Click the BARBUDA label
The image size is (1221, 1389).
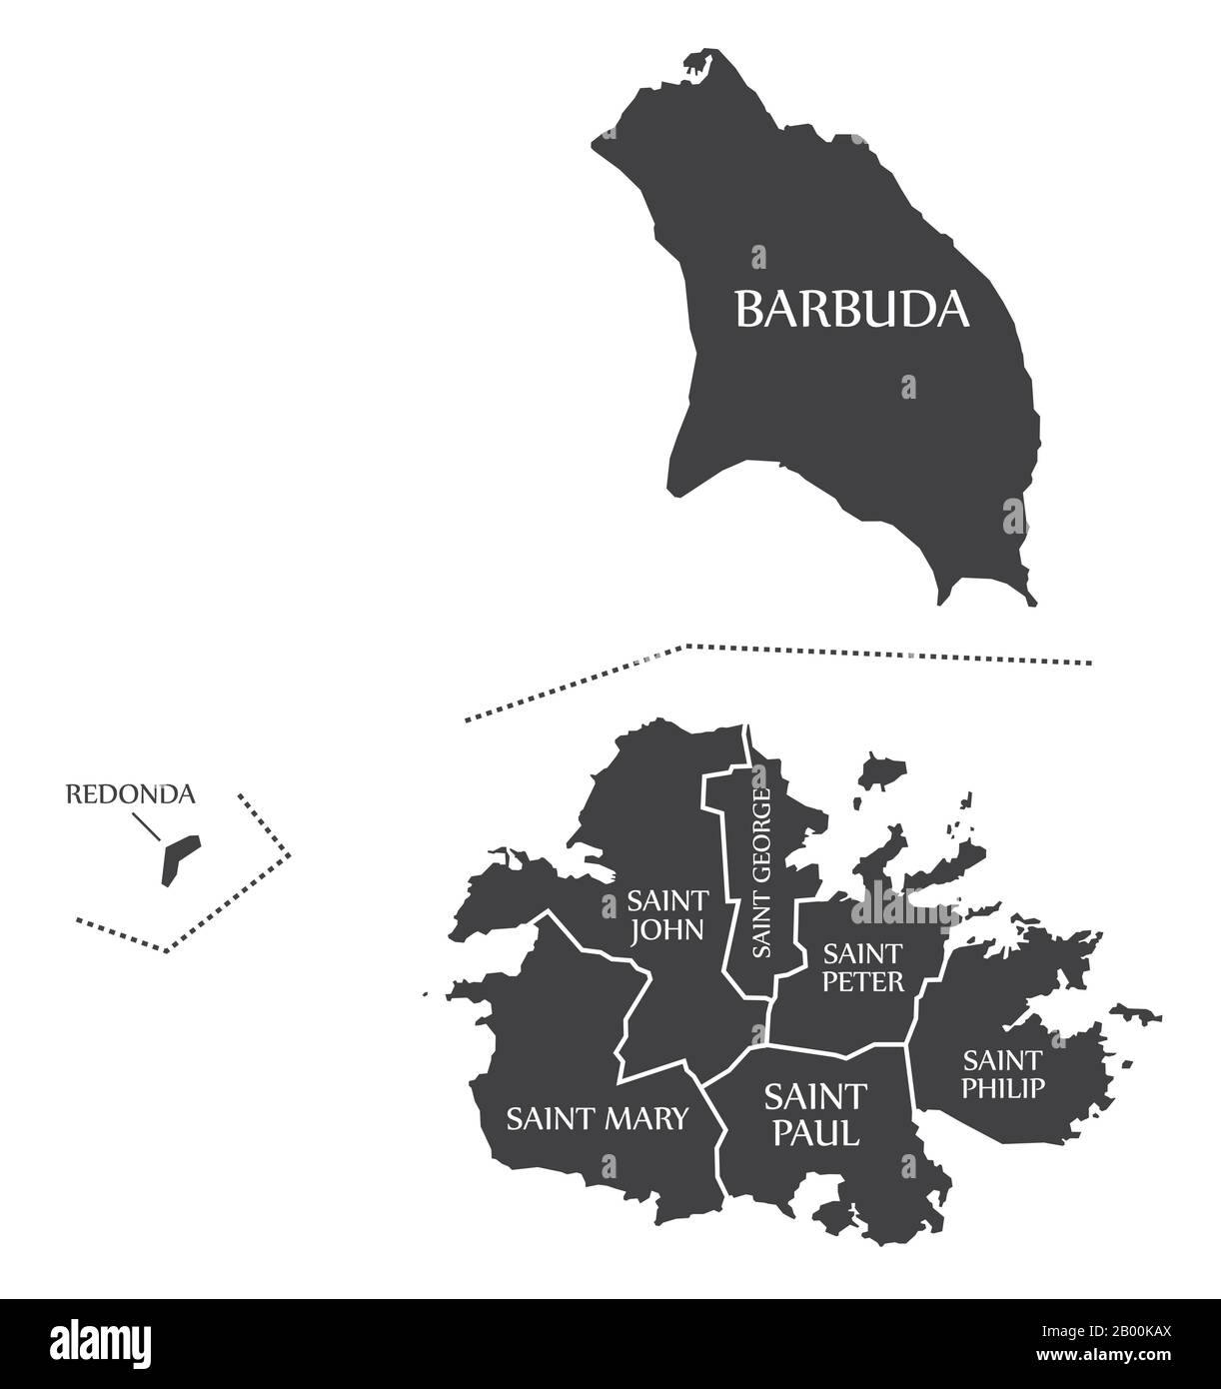click(852, 309)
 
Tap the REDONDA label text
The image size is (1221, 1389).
click(130, 794)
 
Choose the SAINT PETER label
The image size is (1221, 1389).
click(862, 966)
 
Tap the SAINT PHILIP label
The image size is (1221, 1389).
click(1002, 1073)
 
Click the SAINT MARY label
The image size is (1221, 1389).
click(598, 1118)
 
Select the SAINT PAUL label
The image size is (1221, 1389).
click(812, 1114)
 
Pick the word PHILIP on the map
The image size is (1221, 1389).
click(1002, 1087)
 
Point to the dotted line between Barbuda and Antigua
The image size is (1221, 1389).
click(799, 651)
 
